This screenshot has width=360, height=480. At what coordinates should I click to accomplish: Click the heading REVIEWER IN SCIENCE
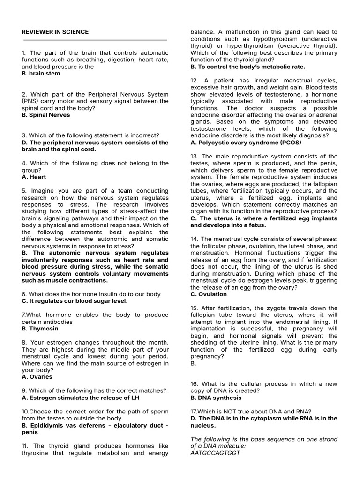(x=55, y=32)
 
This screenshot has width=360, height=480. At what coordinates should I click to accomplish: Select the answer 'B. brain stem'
(x=41, y=74)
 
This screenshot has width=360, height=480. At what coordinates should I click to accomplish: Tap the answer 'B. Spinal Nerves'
(x=46, y=115)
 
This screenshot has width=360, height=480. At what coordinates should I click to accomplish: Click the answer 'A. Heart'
(x=34, y=177)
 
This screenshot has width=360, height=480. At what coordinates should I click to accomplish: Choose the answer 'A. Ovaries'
(x=37, y=376)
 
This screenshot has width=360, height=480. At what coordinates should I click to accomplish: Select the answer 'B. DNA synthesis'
(x=216, y=397)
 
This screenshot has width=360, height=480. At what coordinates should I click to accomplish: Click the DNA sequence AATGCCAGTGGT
(x=215, y=453)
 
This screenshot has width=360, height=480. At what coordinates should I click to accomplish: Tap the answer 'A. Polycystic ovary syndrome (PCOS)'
(x=246, y=142)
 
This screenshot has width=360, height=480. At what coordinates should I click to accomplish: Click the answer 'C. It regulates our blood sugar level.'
(x=75, y=301)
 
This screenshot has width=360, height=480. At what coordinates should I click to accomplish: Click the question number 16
(x=194, y=384)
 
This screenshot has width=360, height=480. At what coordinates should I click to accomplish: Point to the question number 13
(x=194, y=157)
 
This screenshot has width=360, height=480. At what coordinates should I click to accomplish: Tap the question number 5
(x=24, y=191)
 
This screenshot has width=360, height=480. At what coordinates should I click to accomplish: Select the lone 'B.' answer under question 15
(x=193, y=363)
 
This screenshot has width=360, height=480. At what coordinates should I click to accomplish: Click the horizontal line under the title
(x=95, y=40)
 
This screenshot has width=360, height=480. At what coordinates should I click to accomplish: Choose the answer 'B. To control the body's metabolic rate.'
(x=247, y=67)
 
